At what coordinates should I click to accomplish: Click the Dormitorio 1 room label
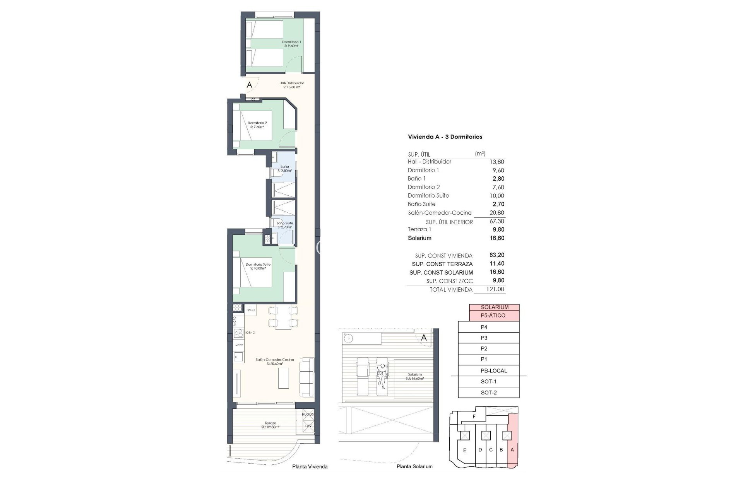pyautogui.click(x=291, y=43)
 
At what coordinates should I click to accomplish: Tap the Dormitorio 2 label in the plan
pyautogui.click(x=257, y=125)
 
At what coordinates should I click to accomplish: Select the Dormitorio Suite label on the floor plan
pyautogui.click(x=258, y=266)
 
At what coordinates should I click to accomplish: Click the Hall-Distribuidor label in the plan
pyautogui.click(x=291, y=85)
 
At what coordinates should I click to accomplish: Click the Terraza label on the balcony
pyautogui.click(x=270, y=425)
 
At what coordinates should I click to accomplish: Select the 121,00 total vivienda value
pyautogui.click(x=495, y=289)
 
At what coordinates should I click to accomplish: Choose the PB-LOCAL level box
pyautogui.click(x=493, y=370)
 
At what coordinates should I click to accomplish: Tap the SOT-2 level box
pyautogui.click(x=488, y=393)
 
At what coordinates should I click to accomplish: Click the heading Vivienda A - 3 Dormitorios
pyautogui.click(x=445, y=137)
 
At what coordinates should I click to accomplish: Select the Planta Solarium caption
pyautogui.click(x=414, y=466)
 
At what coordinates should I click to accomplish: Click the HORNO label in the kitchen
pyautogui.click(x=250, y=333)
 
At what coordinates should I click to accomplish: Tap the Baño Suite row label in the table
pyautogui.click(x=421, y=204)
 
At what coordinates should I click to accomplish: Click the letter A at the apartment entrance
pyautogui.click(x=249, y=85)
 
